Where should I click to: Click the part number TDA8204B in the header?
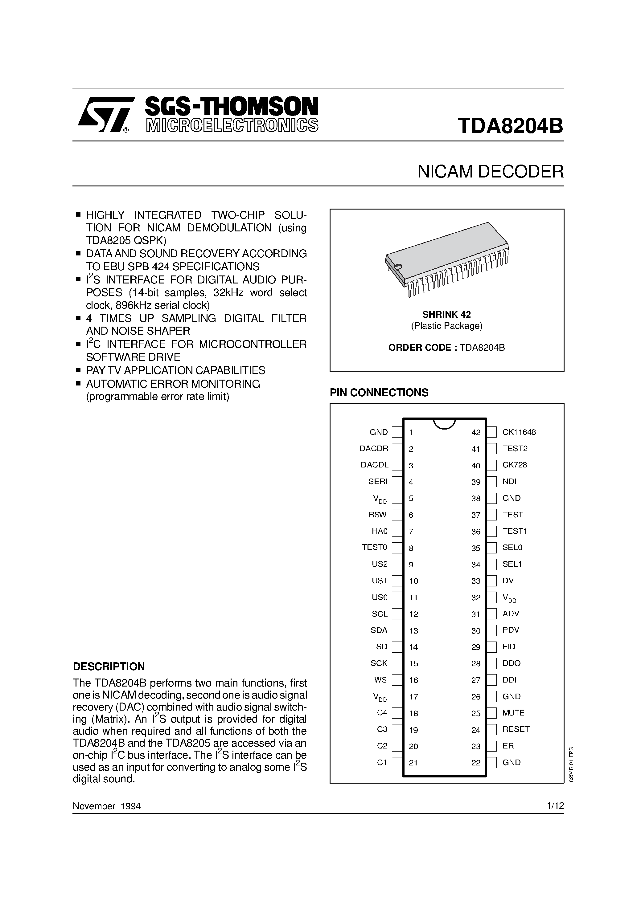click(510, 126)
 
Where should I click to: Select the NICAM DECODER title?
click(490, 172)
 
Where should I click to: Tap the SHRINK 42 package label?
click(446, 314)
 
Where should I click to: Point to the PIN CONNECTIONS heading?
click(379, 393)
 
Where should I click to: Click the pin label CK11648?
click(519, 432)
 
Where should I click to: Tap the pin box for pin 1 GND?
click(397, 432)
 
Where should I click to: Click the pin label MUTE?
click(513, 713)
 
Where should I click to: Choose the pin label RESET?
click(516, 729)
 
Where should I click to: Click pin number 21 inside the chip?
click(413, 762)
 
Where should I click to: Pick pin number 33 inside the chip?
click(475, 581)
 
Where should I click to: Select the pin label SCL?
click(379, 614)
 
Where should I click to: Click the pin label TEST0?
click(374, 548)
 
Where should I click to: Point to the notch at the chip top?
click(444, 423)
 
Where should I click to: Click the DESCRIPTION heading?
click(109, 666)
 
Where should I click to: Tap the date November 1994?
click(106, 806)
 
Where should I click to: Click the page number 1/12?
click(555, 806)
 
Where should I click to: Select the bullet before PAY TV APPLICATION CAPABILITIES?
click(78, 370)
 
